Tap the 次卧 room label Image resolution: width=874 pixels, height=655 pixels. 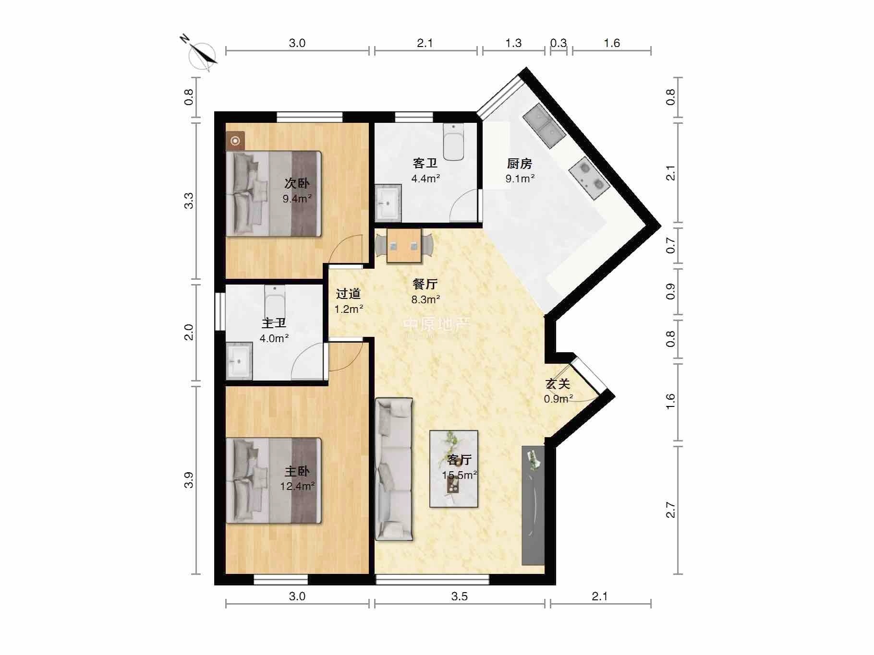pos(297,183)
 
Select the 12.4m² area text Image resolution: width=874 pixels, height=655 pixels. pos(297,486)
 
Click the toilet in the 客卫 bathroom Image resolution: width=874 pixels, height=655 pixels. pos(453,142)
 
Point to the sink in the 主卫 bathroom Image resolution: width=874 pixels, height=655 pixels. pos(239,361)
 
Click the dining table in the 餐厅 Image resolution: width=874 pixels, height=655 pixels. pos(404,246)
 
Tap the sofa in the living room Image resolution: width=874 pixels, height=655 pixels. pos(394,469)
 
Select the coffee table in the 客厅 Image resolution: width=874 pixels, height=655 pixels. pos(454,469)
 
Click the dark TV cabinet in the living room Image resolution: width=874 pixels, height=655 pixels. pos(533,506)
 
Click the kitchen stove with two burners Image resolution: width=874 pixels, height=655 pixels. pos(589,178)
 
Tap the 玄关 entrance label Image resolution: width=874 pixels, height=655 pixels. pos(558,384)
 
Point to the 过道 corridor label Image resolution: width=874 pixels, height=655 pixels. pos(348,294)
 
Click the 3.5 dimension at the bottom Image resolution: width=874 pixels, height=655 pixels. pos(460,596)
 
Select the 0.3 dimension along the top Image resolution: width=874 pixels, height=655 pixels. pos(558,43)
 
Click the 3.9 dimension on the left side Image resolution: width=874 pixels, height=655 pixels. pos(189,480)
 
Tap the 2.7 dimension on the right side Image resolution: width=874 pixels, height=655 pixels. pos(671,510)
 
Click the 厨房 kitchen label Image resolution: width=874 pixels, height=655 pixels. pos(520,164)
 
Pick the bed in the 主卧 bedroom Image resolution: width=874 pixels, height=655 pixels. pos(274,480)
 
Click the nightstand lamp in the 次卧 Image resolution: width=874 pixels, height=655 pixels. pos(235,141)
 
